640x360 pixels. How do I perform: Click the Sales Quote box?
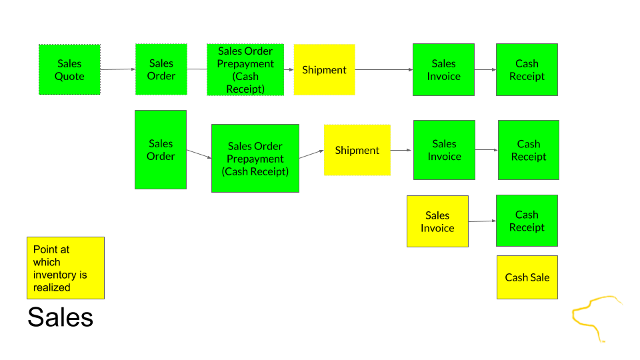[69, 69]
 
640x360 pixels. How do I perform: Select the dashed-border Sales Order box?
[161, 69]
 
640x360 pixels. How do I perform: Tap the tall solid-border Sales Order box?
[161, 149]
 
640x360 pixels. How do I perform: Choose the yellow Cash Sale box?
[527, 277]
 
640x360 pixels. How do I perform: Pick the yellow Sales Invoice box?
[437, 221]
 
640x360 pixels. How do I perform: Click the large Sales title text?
[60, 317]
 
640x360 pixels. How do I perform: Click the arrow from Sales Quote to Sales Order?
[117, 69]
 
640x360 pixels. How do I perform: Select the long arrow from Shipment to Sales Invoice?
[384, 69]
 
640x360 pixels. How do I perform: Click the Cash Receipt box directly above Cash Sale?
[527, 221]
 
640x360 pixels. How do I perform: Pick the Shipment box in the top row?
[324, 69]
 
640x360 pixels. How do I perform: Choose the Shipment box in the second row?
[357, 150]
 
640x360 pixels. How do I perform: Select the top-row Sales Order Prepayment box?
[245, 69]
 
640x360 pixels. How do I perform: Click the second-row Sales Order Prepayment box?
[255, 158]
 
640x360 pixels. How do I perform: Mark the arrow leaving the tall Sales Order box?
[199, 154]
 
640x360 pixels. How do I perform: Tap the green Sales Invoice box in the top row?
[443, 69]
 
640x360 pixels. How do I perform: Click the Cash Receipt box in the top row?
[527, 69]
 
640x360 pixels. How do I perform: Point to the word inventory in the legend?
[60, 275]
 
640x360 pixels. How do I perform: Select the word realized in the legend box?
[52, 287]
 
